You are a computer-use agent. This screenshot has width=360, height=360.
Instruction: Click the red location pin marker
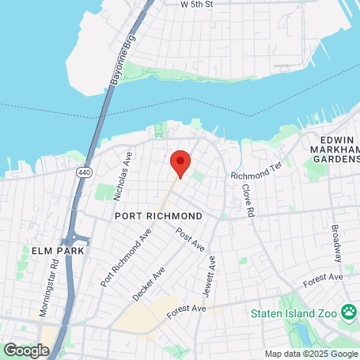(180, 163)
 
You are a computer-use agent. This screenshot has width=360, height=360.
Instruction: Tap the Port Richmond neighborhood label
(157, 215)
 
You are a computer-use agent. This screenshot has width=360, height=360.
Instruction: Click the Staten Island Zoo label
(294, 313)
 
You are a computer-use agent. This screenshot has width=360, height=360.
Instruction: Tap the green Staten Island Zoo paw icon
(348, 313)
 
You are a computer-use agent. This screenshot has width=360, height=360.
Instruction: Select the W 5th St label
(197, 4)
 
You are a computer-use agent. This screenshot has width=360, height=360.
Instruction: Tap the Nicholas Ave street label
(121, 168)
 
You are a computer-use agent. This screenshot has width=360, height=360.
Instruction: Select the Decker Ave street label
(148, 282)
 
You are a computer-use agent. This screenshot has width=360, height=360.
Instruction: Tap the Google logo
(26, 349)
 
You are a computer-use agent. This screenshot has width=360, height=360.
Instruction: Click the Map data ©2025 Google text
(310, 354)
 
